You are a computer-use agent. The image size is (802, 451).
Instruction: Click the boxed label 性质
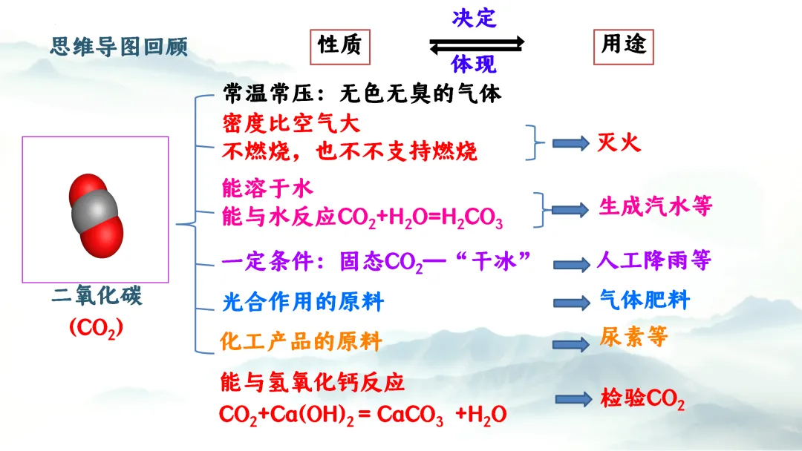pyautogui.click(x=339, y=45)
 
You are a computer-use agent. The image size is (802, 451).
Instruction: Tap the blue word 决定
pyautogui.click(x=474, y=17)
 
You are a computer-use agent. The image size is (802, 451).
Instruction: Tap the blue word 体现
pyautogui.click(x=473, y=65)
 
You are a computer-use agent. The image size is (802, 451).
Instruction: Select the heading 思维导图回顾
pyautogui.click(x=119, y=47)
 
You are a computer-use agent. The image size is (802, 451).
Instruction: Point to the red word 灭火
pyautogui.click(x=619, y=142)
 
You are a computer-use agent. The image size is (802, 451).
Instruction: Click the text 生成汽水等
pyautogui.click(x=656, y=206)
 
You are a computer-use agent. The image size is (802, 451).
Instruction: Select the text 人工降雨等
pyautogui.click(x=653, y=260)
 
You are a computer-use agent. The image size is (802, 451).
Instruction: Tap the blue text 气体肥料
pyautogui.click(x=645, y=300)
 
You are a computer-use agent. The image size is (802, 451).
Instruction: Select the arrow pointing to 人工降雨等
pyautogui.click(x=571, y=263)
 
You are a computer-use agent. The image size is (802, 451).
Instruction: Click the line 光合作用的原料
pyautogui.click(x=302, y=302)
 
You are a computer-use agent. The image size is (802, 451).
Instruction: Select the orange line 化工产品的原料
pyautogui.click(x=301, y=342)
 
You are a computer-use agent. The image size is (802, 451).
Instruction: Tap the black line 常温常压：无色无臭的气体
pyautogui.click(x=362, y=94)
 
